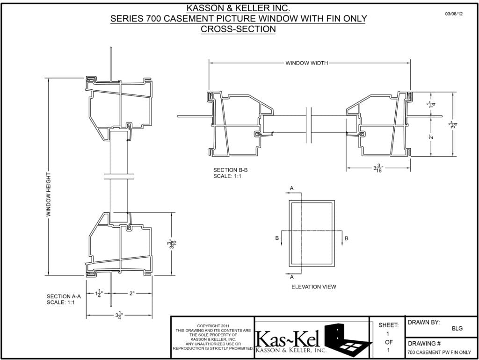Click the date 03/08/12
[x=454, y=14]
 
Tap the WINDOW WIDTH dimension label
[x=307, y=63]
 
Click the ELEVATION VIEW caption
[x=313, y=287]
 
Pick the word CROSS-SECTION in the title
[x=238, y=29]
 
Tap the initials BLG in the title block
[x=457, y=328]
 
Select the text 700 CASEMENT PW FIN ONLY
[x=439, y=353]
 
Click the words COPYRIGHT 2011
[x=213, y=325]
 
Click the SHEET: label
[x=388, y=325]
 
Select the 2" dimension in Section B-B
[x=430, y=137]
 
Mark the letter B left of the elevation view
[x=276, y=238]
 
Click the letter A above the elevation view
[x=292, y=188]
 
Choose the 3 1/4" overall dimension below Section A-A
[x=119, y=316]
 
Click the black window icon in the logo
[x=348, y=338]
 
